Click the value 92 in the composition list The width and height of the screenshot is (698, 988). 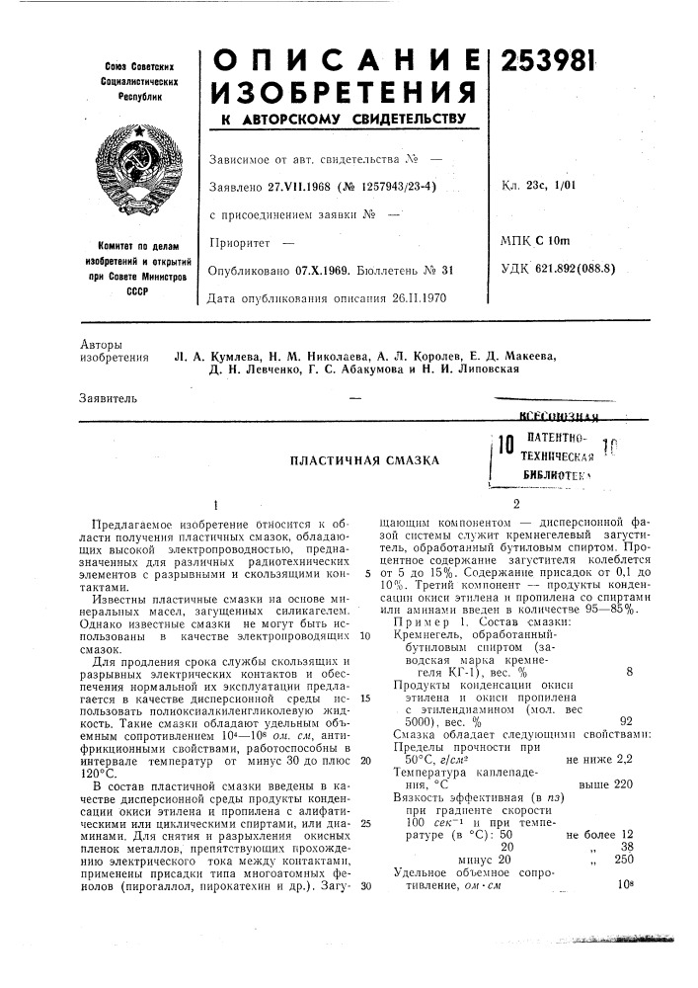[x=625, y=720]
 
